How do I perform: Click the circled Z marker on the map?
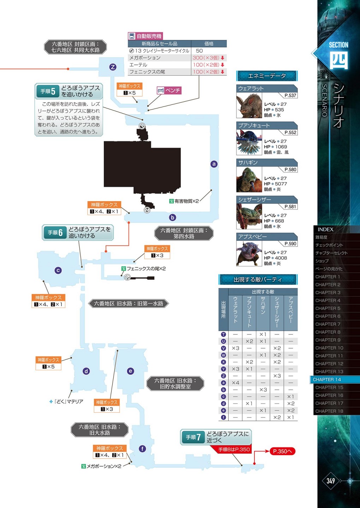113,67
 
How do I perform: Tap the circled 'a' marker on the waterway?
214,164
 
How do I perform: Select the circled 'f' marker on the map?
142,449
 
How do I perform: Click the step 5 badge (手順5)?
48,91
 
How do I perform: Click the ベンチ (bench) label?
169,91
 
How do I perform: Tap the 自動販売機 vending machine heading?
145,36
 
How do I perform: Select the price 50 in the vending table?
199,51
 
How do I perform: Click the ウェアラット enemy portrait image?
249,105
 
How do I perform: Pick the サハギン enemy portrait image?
249,180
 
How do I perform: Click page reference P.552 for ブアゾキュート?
290,133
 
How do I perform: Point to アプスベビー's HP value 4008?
281,258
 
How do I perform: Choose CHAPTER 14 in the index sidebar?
327,380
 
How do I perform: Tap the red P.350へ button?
282,451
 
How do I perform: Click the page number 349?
331,481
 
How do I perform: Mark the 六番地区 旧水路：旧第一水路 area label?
128,303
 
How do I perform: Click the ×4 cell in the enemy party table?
235,383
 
